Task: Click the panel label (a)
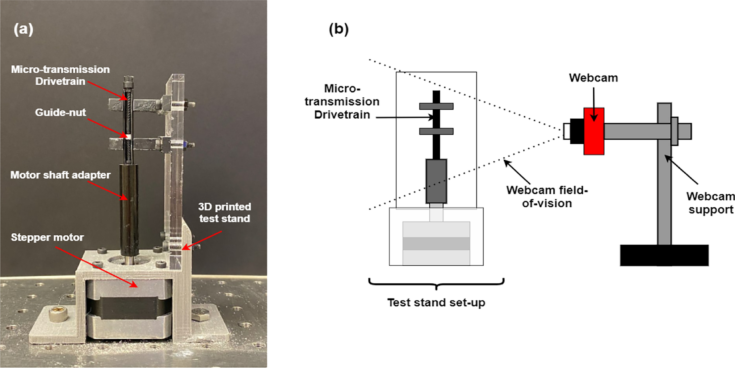coord(24,29)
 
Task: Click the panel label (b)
coord(339,29)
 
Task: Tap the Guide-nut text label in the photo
coord(60,113)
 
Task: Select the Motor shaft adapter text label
coord(60,175)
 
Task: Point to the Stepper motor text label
coord(47,237)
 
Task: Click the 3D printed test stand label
coord(224,212)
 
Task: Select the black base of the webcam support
coord(664,255)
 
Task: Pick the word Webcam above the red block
coord(593,78)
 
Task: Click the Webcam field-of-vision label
coord(547,196)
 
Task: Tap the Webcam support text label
coord(710,203)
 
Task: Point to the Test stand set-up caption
coord(436,303)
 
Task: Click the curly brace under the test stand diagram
coord(436,284)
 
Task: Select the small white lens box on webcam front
coord(567,131)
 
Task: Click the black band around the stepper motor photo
coord(129,308)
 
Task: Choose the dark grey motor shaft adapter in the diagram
coord(436,181)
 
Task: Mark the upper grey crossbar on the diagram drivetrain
coord(436,106)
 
